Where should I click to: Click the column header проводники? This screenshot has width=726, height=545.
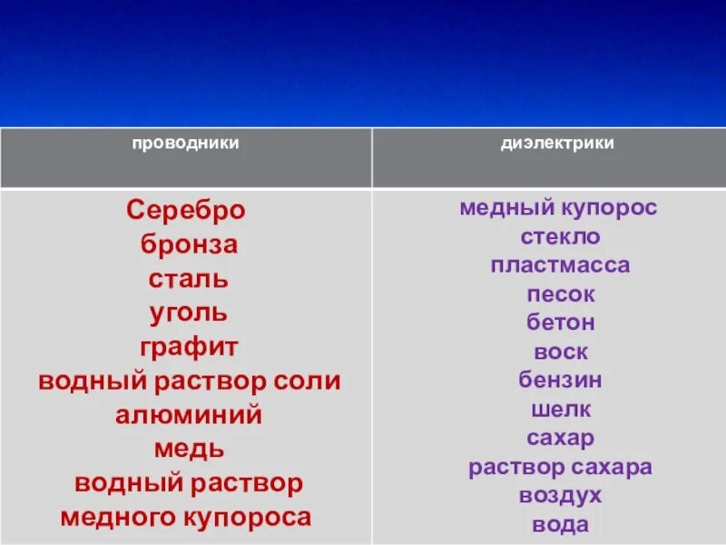tap(186, 144)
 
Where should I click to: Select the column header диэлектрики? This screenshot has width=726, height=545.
tap(557, 144)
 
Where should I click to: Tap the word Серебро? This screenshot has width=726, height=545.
tap(186, 211)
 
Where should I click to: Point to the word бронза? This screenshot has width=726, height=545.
tap(189, 244)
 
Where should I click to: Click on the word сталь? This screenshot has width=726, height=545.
tap(189, 279)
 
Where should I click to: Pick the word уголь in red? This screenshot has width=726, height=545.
tap(189, 313)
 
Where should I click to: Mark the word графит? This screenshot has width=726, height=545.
tap(189, 348)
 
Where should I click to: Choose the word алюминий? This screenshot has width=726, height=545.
tap(189, 416)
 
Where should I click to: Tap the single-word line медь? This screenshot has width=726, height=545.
tap(189, 450)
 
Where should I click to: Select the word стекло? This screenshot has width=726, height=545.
tap(560, 237)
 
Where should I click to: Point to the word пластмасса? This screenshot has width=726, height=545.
tap(560, 266)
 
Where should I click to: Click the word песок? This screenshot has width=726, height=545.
tap(560, 295)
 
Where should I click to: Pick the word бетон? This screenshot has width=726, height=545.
tap(560, 323)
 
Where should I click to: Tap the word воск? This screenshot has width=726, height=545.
tap(560, 352)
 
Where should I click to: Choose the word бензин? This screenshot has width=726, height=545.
tap(560, 381)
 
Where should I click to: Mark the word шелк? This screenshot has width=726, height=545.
tap(560, 410)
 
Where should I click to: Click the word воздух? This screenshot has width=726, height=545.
tap(560, 496)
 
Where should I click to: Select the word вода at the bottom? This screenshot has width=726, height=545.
tap(560, 525)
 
